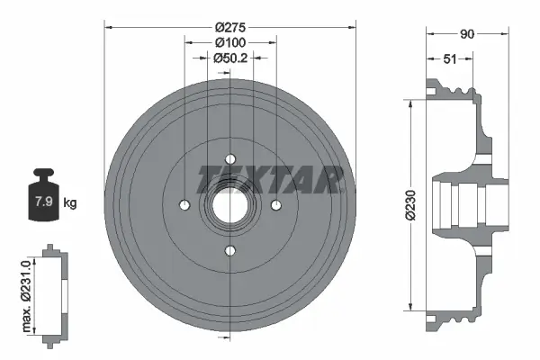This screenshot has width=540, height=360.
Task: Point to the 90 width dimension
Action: tap(466, 34)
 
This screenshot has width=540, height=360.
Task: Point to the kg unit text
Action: tap(70, 202)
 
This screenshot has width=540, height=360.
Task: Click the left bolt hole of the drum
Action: tap(184, 204)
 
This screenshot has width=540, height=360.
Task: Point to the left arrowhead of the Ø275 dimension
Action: tap(109, 27)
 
